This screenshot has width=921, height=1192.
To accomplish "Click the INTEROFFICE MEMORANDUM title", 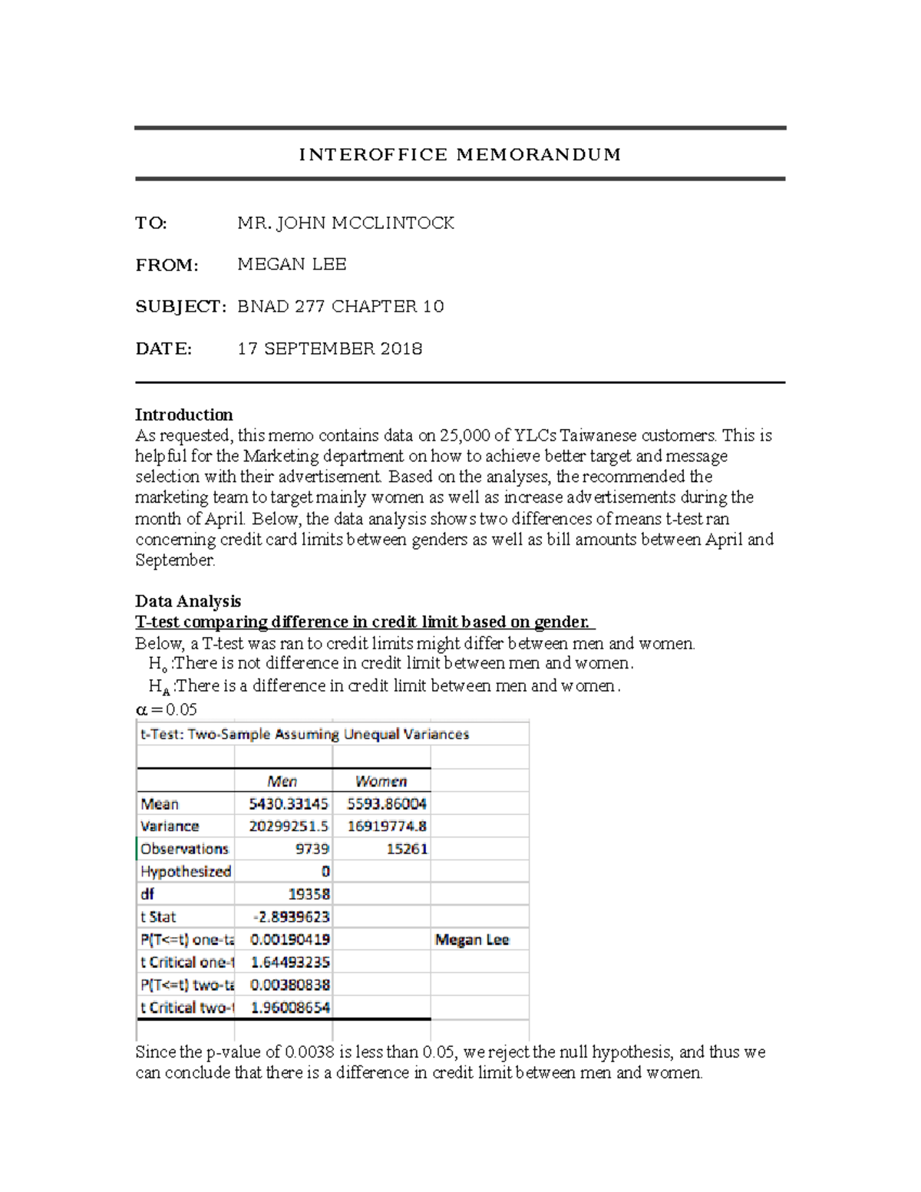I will tap(460, 154).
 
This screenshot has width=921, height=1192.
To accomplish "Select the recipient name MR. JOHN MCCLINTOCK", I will tap(345, 223).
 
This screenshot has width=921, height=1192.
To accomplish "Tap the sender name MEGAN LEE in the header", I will tap(292, 265).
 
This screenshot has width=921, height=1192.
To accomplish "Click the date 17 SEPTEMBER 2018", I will tap(329, 349).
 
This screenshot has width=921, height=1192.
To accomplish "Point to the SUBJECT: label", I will tap(180, 307).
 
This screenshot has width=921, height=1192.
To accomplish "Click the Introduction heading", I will tap(183, 415).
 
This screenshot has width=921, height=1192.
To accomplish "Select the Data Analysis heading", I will tap(188, 601).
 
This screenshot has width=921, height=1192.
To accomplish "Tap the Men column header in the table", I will tap(282, 781).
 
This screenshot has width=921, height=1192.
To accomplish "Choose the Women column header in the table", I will tap(381, 781).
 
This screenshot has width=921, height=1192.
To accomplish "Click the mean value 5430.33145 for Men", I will tap(289, 804).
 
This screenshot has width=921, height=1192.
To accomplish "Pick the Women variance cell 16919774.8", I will tap(387, 827).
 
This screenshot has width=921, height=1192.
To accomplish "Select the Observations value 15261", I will tap(407, 849).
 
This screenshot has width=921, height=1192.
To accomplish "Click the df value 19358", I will tap(309, 894).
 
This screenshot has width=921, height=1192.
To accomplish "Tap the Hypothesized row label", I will tap(186, 872).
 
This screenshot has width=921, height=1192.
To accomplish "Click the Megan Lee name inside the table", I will tap(472, 939).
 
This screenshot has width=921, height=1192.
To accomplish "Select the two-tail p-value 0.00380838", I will tap(290, 985).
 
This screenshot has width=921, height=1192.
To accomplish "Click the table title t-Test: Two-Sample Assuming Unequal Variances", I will tap(304, 735).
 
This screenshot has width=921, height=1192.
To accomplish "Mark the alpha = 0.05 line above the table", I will tap(167, 709).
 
